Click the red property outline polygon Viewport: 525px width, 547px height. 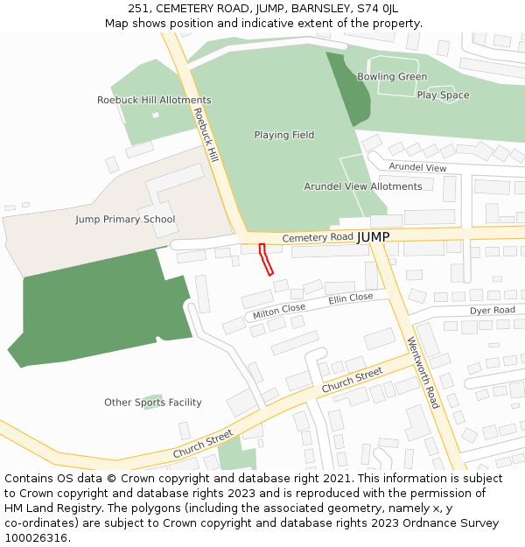[x=266, y=260]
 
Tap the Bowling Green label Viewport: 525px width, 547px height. [x=392, y=77]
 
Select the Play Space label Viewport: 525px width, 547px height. [x=443, y=95]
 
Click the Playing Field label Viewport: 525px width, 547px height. [x=284, y=135]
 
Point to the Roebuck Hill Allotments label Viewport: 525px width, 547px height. [x=154, y=101]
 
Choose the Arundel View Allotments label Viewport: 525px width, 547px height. [x=363, y=186]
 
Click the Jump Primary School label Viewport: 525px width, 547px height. [x=125, y=220]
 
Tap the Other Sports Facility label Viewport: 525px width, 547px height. [x=153, y=403]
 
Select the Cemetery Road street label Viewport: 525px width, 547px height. [x=318, y=237]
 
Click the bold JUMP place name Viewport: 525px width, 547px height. [x=374, y=237]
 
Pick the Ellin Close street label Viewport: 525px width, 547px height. [x=351, y=298]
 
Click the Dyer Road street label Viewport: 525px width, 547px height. [x=493, y=311]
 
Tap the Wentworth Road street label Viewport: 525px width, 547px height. [x=423, y=373]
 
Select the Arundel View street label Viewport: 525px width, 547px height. [x=417, y=167]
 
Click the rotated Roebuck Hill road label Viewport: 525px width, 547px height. [x=206, y=135]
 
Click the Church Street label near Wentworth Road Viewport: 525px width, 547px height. [x=353, y=380]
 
